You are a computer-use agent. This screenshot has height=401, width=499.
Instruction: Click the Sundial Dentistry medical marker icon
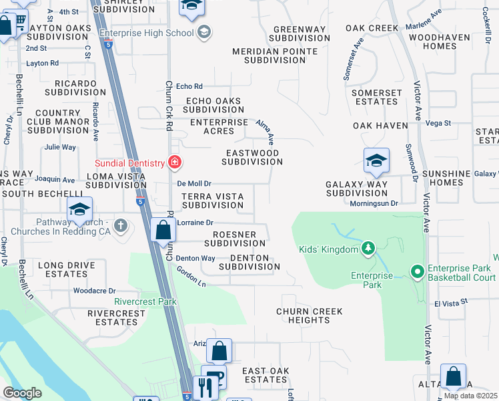pos(175,162)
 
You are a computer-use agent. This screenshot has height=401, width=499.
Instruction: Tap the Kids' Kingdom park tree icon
pos(367,249)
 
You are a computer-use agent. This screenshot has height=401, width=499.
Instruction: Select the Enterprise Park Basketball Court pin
pos(418,271)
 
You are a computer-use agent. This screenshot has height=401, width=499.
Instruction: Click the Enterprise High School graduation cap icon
pos(203,32)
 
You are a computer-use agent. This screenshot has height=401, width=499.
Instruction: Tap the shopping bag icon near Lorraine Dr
pos(163,231)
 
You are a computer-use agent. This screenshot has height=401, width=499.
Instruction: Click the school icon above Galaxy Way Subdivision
pos(376,161)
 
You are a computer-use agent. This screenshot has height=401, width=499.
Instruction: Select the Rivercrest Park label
pos(145,301)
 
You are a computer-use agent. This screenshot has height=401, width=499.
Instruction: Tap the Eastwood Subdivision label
pos(252,157)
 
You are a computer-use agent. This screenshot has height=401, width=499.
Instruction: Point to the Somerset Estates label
pos(377,97)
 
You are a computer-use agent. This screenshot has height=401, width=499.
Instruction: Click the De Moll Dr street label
pos(194,183)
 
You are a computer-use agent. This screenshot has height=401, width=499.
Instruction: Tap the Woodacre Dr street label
pos(94,291)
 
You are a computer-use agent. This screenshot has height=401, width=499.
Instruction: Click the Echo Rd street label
pos(189,86)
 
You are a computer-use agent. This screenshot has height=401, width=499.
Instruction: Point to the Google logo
pos(23,392)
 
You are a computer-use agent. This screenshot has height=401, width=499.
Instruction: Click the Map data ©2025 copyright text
pos(470,396)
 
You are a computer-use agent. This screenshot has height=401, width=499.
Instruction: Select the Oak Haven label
pos(380,126)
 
